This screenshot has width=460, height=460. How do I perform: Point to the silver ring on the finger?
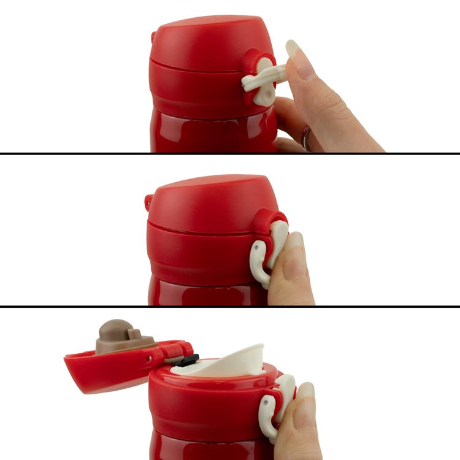(x=305, y=138)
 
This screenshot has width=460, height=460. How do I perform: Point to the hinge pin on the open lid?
(x=150, y=358)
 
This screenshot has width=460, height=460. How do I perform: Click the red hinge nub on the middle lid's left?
(x=149, y=201)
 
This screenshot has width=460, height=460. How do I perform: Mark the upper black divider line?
(x=230, y=153)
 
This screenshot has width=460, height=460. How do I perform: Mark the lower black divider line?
(x=230, y=306)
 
